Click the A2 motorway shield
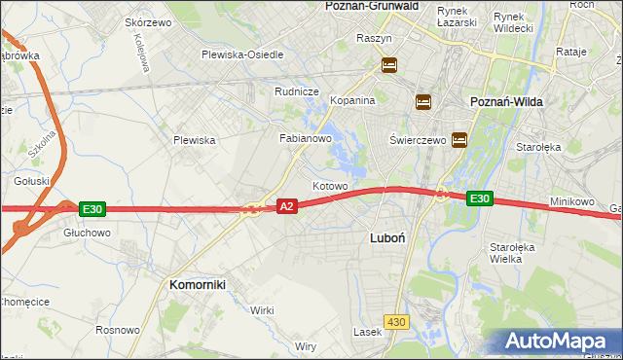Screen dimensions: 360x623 tap(286, 206)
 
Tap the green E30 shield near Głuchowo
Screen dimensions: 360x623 tap(92, 208)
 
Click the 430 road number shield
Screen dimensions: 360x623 tap(395, 321)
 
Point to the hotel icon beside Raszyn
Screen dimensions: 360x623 tap(388, 65)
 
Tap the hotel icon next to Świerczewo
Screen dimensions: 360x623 tap(458, 139)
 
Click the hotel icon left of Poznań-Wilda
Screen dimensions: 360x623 tap(422, 101)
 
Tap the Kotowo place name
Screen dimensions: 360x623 tap(330, 185)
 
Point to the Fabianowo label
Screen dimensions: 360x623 tap(307, 139)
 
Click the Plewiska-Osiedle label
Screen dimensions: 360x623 tap(242, 54)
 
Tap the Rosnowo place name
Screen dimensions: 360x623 tap(117, 330)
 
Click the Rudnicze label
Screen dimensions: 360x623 tap(297, 92)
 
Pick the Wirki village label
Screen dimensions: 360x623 tap(262, 310)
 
